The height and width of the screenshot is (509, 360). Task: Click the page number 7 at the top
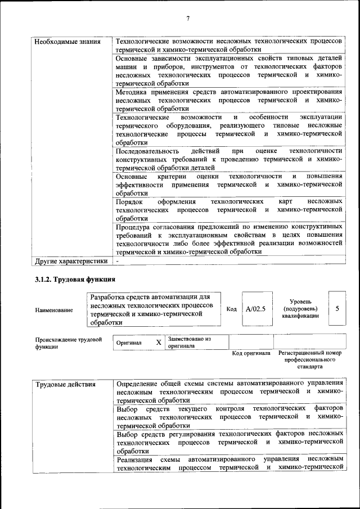point(188,19)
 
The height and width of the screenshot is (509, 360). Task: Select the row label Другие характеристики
point(71,261)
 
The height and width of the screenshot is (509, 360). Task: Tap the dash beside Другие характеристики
point(118,261)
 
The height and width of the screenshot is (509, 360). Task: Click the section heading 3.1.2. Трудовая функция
point(75,279)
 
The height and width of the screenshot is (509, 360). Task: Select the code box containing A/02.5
point(255,309)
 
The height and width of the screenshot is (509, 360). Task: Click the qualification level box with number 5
point(337,309)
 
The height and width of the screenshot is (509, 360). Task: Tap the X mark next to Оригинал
point(159,342)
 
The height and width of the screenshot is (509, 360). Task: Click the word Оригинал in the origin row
point(129,343)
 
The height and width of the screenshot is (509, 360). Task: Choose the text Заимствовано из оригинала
point(188,343)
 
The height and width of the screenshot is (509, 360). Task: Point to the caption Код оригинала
point(251,353)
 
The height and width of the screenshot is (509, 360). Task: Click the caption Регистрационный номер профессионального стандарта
point(310,359)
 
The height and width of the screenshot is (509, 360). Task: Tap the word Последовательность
point(147,151)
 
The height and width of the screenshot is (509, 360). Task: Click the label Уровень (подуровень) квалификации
point(301,309)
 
